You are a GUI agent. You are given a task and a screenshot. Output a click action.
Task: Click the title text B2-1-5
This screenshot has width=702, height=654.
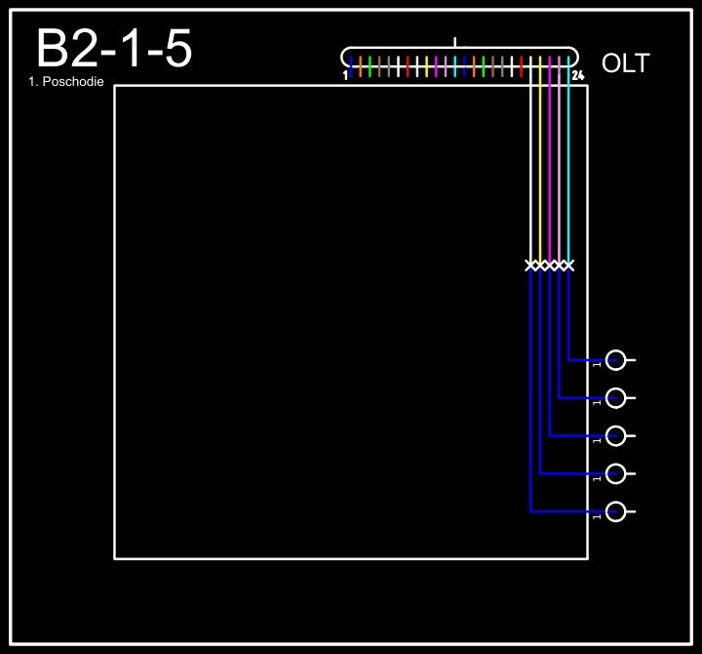coord(113,49)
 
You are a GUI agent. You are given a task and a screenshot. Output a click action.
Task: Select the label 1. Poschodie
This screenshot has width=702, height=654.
coord(66,82)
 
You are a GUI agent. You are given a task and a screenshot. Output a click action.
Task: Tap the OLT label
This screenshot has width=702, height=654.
coord(625,64)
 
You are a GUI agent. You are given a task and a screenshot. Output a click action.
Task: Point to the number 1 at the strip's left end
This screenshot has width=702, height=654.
coord(345,75)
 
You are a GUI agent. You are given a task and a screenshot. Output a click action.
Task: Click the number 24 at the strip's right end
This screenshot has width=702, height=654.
coord(577,75)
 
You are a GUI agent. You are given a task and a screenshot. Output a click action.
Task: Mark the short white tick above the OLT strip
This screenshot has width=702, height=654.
coord(454,42)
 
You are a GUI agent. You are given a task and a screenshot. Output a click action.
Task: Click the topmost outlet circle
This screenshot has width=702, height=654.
coord(615,360)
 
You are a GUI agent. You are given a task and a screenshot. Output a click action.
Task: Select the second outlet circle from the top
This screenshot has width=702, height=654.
coord(615,398)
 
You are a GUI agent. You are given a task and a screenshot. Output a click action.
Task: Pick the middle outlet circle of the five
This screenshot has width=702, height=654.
coord(615,436)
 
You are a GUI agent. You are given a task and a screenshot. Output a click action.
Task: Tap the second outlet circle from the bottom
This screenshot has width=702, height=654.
coord(615,474)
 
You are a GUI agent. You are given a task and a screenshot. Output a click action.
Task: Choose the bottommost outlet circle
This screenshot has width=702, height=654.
coord(615,511)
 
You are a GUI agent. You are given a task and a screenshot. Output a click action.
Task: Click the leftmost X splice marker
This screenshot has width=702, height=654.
coord(531,266)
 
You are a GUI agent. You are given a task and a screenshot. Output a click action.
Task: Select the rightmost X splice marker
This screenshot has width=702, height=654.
coord(568,266)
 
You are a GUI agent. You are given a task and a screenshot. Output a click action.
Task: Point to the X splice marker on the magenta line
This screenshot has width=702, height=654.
coord(550,266)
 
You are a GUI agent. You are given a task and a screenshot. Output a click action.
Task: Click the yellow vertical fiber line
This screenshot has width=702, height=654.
coord(540,176)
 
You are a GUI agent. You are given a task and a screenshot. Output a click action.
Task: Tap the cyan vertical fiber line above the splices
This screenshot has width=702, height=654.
coord(568,176)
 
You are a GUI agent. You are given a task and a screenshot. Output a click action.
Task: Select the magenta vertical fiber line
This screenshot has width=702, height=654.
coord(550,176)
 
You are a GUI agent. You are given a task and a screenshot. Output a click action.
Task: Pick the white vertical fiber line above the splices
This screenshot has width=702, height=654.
coord(531,176)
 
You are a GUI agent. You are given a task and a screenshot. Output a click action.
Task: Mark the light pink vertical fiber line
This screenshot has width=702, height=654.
coord(559,176)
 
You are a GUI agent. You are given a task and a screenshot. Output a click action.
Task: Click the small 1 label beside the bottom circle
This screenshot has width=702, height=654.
coord(596,516)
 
